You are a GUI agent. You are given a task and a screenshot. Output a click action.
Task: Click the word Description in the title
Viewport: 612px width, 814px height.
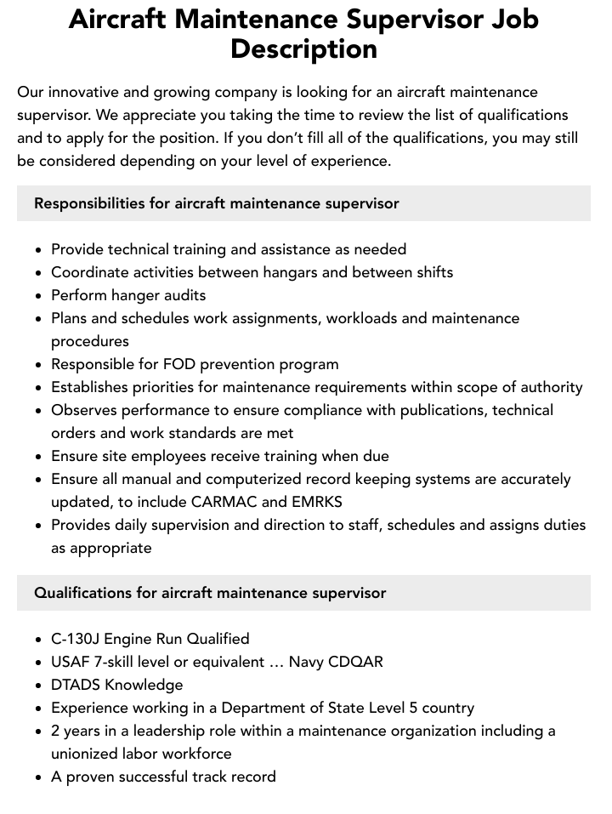[x=304, y=49]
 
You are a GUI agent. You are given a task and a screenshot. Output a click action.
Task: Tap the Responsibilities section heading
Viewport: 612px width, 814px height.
[x=217, y=203]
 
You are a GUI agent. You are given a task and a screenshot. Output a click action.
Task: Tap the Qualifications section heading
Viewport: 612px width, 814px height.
[x=210, y=593]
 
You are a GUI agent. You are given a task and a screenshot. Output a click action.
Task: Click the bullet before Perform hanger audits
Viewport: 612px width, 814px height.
[x=39, y=296]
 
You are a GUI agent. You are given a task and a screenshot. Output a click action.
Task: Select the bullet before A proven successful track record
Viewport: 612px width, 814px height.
[x=39, y=777]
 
